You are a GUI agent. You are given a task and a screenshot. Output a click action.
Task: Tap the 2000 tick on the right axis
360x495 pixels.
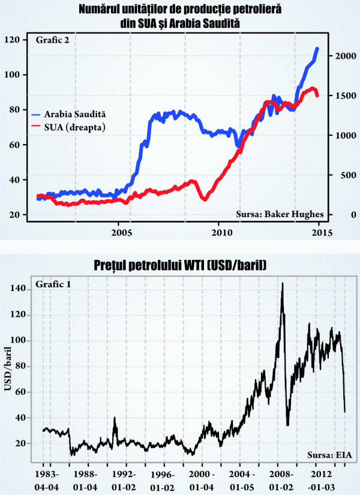click(345, 56)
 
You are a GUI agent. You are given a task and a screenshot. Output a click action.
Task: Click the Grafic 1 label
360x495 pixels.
click(53, 283)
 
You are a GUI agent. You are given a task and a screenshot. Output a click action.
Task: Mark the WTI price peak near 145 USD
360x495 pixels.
click(282, 283)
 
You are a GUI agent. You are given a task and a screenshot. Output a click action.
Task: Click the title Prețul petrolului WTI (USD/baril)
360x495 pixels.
click(180, 265)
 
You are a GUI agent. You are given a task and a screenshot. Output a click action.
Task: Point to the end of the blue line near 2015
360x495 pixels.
click(317, 49)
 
